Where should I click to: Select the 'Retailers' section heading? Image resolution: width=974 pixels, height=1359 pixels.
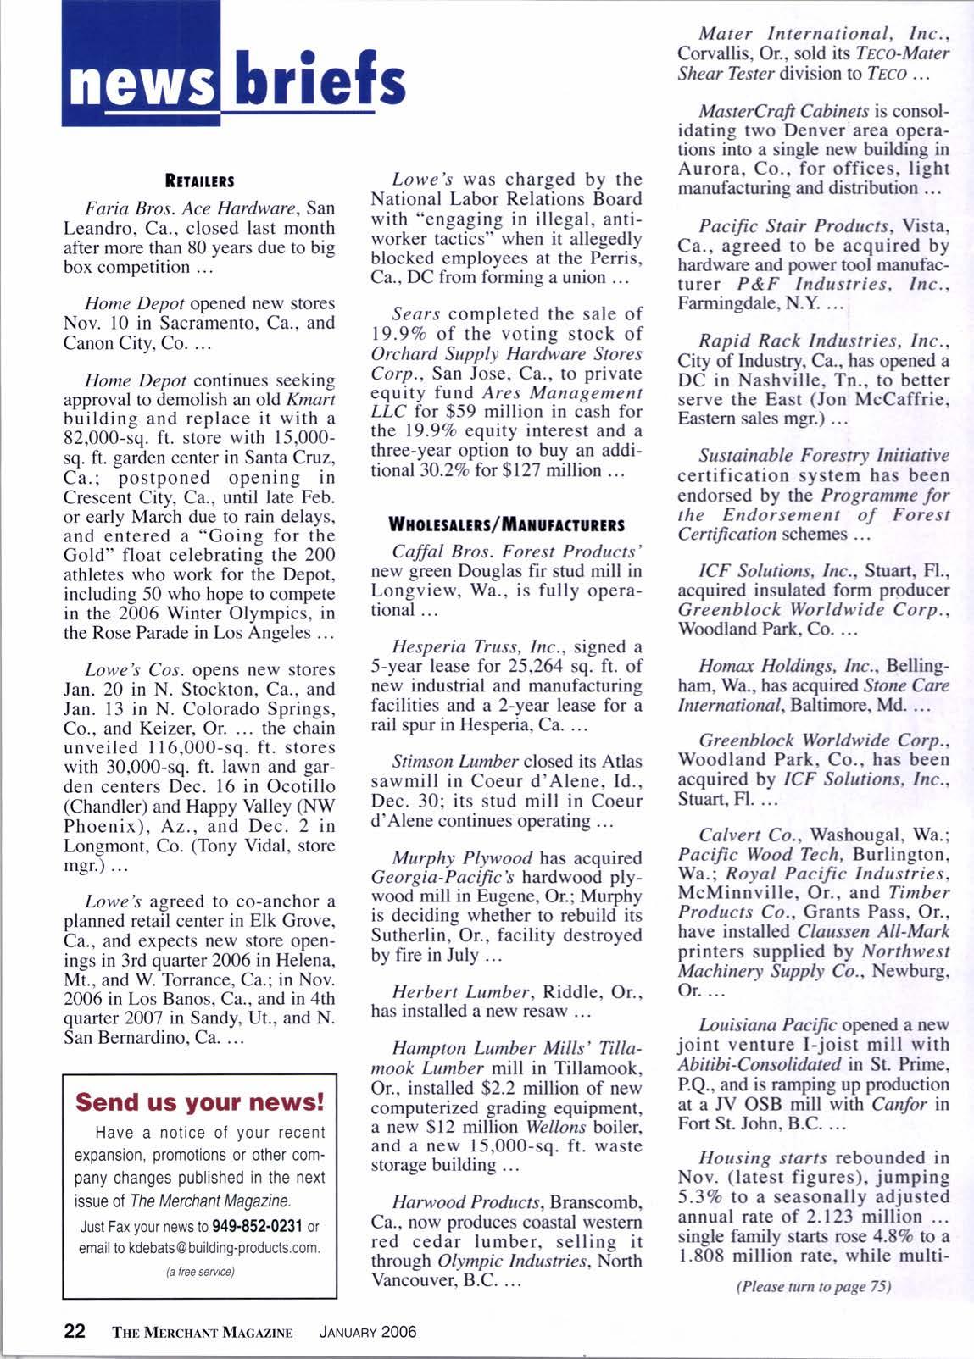tap(199, 180)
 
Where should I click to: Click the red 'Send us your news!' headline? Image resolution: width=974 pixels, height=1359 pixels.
tap(200, 1102)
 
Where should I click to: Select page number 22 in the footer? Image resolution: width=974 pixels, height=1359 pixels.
tap(75, 1331)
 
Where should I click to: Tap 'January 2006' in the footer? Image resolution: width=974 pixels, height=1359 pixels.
tap(367, 1332)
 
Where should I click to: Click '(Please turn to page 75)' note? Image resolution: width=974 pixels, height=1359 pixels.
tap(814, 1286)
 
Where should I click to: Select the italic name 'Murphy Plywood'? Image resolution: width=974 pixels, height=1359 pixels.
tap(462, 858)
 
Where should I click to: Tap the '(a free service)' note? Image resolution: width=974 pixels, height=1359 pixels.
tap(200, 1272)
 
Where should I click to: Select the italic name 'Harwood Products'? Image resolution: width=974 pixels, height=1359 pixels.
tap(467, 1203)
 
